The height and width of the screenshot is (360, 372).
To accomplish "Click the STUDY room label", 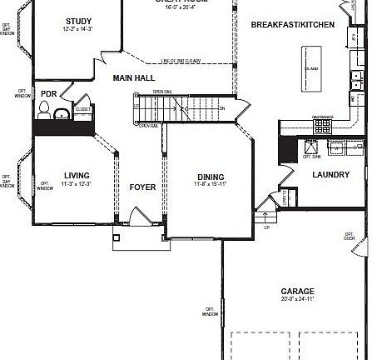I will click(78, 21).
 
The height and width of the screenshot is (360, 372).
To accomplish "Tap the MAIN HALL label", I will click(133, 77).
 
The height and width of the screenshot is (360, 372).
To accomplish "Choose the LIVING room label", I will click(77, 175).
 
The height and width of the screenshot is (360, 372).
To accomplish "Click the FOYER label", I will click(142, 187).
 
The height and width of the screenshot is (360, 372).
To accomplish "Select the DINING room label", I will click(210, 176).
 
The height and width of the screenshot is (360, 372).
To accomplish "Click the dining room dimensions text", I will click(210, 184).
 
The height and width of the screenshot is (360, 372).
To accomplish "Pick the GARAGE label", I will click(297, 290).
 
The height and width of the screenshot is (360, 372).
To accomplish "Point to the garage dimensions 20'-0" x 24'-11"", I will click(297, 298).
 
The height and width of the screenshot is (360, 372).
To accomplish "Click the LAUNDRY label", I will click(330, 174).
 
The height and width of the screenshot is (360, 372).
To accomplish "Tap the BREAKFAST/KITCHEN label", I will click(292, 25).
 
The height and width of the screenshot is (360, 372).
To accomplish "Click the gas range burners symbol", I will click(322, 125).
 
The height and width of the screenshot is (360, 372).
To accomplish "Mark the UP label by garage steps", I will click(266, 227).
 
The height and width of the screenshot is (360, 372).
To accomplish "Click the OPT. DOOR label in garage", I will click(350, 237).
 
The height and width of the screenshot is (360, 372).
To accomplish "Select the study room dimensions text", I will click(78, 30).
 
